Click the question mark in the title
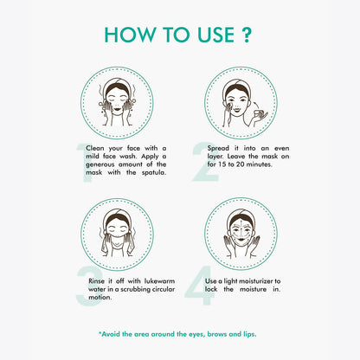[246, 35]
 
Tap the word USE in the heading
[215, 35]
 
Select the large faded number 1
[85, 163]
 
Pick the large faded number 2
[205, 162]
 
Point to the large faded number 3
[89, 286]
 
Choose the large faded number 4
[200, 286]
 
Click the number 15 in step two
[223, 164]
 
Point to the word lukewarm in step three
[159, 281]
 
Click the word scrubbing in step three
[136, 290]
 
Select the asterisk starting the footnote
[100, 333]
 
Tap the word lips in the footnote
[249, 334]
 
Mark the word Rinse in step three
[96, 281]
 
